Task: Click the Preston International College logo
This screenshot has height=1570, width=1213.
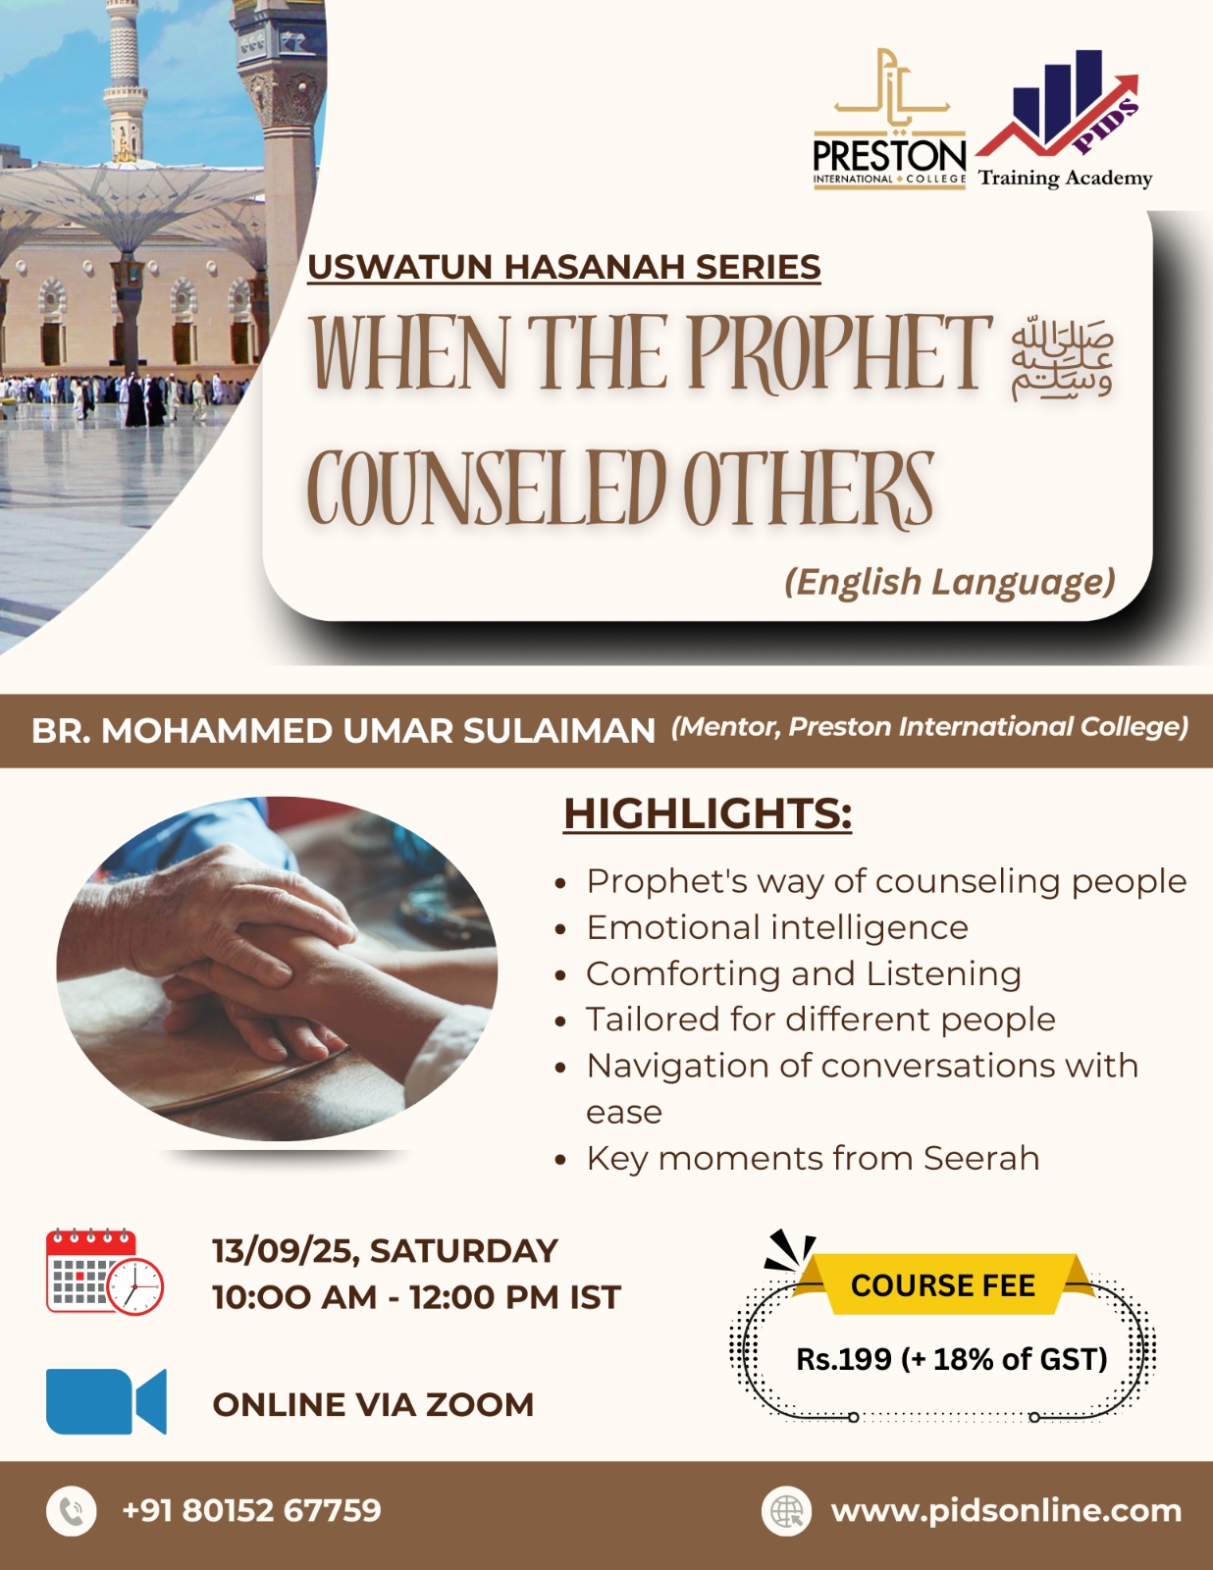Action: coord(889,119)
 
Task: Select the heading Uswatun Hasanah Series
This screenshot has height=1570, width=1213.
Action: coord(564,267)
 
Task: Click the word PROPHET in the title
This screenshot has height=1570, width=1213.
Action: coord(839,353)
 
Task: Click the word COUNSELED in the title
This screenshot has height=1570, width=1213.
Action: coord(486,487)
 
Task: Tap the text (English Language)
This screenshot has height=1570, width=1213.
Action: coord(950,582)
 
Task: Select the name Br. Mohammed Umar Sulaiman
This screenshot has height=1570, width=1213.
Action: coord(343,730)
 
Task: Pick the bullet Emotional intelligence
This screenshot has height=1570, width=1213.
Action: coord(777,927)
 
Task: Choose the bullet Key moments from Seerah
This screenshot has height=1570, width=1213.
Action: coord(813,1159)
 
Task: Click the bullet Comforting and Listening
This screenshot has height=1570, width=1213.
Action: coord(804,974)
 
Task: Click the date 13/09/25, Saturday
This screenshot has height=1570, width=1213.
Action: coord(385,1251)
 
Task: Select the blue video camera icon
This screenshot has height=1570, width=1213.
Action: coord(106,1401)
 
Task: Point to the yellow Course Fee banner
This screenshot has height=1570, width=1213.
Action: coord(943,1284)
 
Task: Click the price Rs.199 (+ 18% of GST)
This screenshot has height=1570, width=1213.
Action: coord(952,1359)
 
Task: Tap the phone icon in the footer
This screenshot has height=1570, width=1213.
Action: coord(71,1511)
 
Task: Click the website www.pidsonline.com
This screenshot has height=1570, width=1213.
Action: coord(1006,1511)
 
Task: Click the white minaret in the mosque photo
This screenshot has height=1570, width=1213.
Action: coord(125,79)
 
